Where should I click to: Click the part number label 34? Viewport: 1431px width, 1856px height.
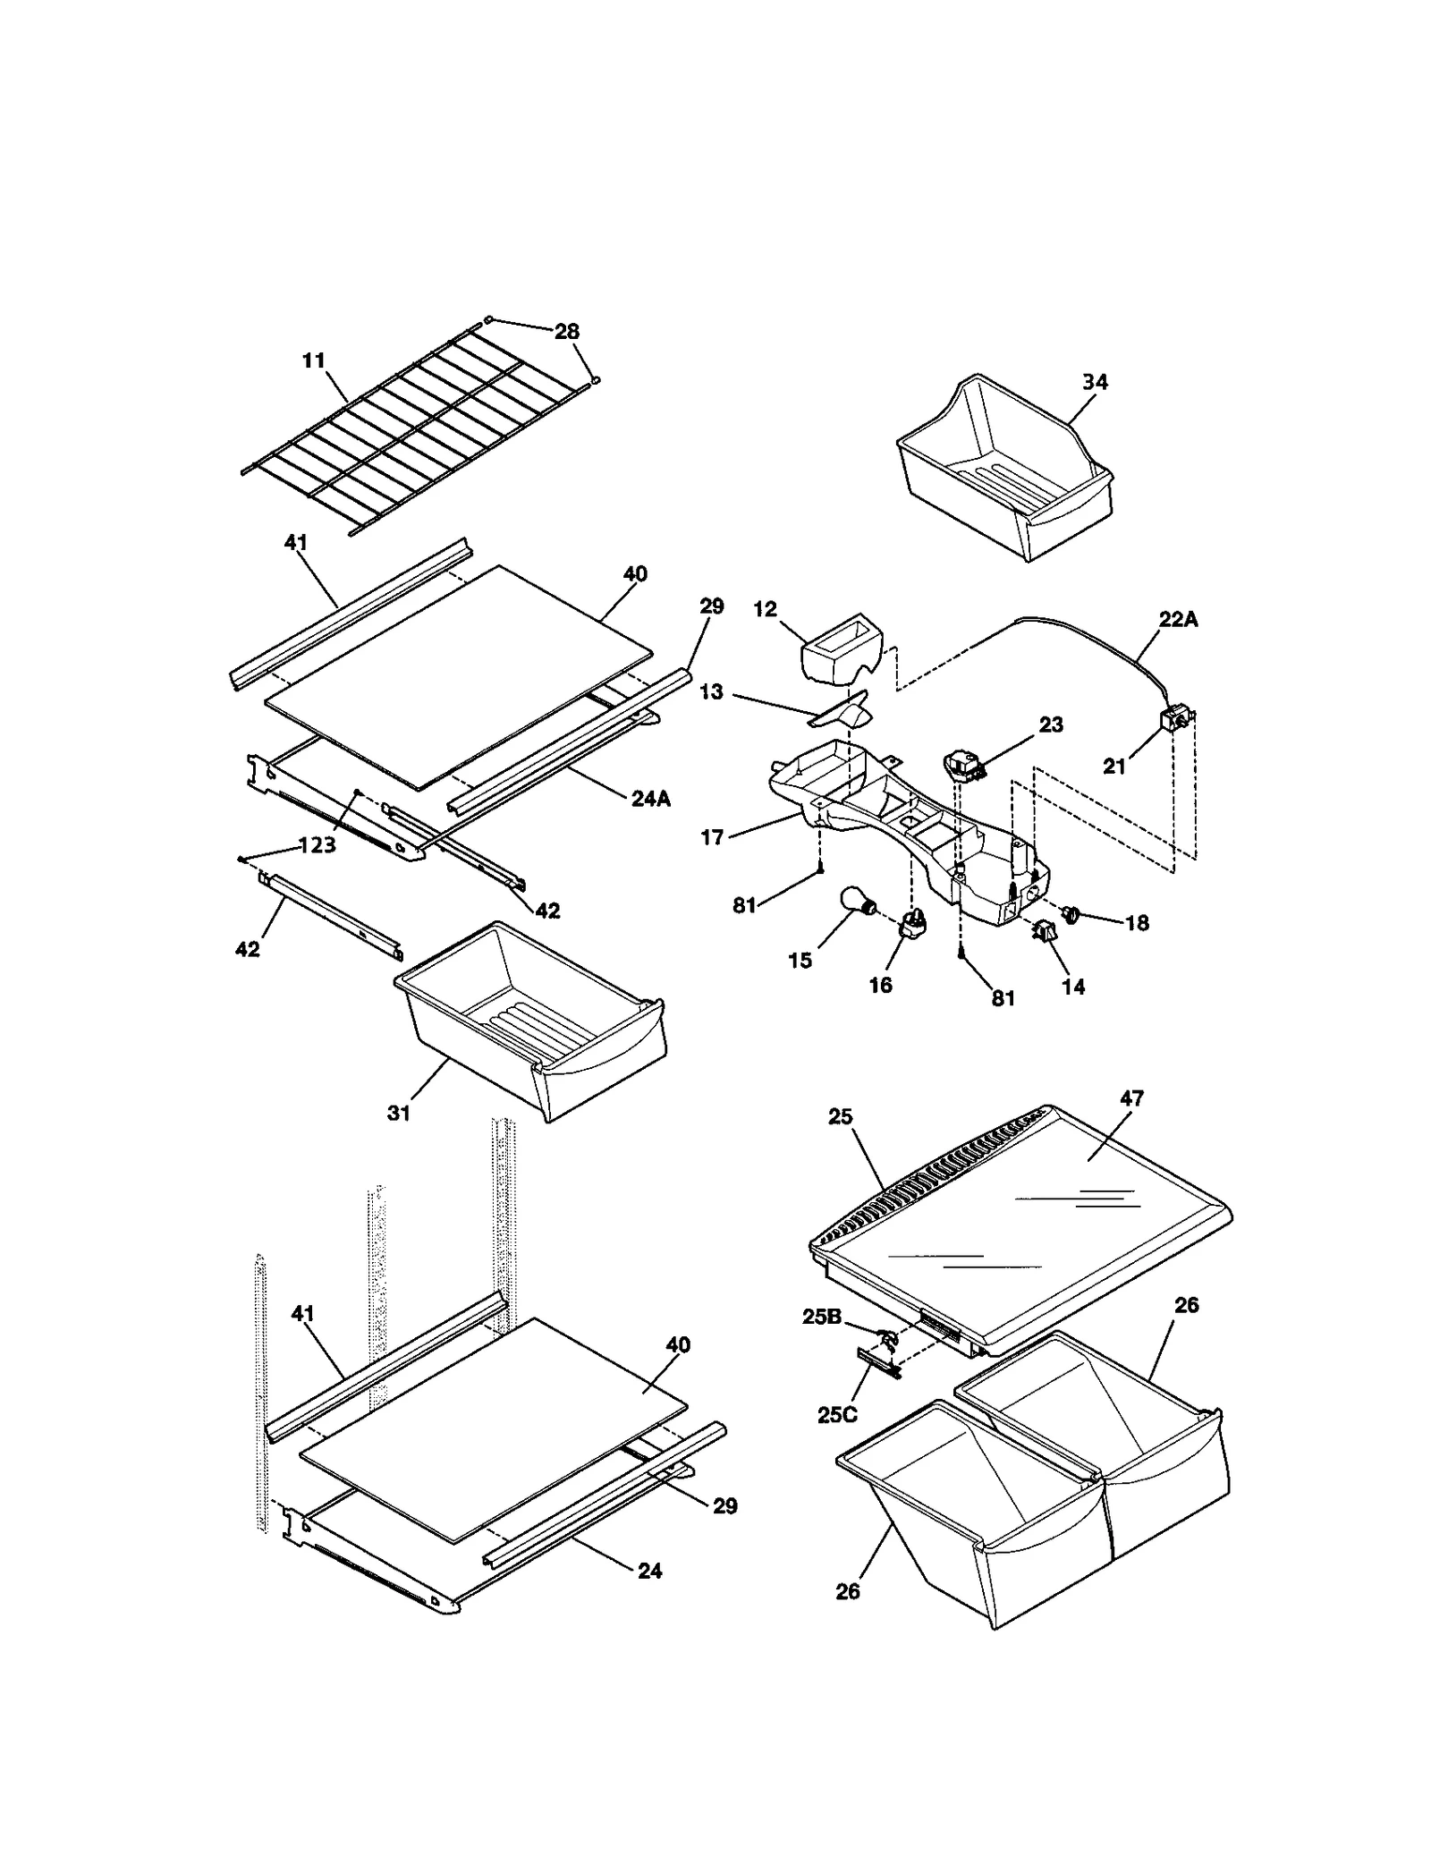(x=1094, y=382)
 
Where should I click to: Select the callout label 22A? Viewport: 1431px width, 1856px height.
(x=1178, y=620)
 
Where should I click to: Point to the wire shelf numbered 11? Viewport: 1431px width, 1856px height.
(x=420, y=438)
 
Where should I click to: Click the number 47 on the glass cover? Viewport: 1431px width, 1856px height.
(x=1131, y=1098)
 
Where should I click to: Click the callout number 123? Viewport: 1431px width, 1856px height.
(x=318, y=845)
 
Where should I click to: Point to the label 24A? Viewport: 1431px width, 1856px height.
(x=650, y=799)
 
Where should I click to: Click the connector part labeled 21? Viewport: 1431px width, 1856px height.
(x=1176, y=718)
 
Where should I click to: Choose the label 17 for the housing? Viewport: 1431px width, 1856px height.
(x=712, y=838)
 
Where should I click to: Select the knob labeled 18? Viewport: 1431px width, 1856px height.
(x=1072, y=913)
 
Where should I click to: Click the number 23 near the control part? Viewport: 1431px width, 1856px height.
(x=1050, y=725)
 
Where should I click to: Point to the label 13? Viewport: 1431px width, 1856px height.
(x=711, y=692)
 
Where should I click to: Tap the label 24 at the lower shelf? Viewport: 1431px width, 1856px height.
(x=649, y=1571)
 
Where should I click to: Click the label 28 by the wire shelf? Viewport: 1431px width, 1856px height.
(x=566, y=332)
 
